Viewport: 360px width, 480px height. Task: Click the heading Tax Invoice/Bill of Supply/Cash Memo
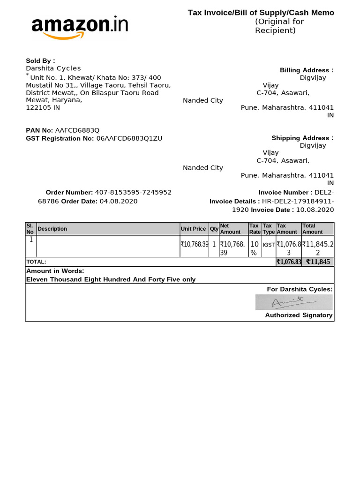click(x=261, y=13)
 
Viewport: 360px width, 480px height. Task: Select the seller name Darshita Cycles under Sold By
click(x=53, y=68)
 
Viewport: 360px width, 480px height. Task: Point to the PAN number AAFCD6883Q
click(x=77, y=130)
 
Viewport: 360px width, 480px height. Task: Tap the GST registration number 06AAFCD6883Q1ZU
click(x=129, y=138)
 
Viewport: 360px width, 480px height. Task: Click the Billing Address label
click(x=307, y=70)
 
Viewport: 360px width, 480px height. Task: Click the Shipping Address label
click(x=302, y=138)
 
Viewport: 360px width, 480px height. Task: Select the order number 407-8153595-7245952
click(x=133, y=192)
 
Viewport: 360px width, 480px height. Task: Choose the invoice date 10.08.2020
click(x=315, y=210)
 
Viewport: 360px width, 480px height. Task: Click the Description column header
click(x=52, y=229)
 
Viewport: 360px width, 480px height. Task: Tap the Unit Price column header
click(x=193, y=229)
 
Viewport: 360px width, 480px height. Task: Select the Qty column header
click(x=214, y=229)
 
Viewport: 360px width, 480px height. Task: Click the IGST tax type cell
click(x=269, y=245)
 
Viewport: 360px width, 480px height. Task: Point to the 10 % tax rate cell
click(x=254, y=248)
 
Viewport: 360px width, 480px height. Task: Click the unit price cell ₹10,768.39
click(x=194, y=244)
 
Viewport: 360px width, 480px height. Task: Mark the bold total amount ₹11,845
click(x=318, y=262)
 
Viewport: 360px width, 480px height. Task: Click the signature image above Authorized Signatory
click(x=294, y=302)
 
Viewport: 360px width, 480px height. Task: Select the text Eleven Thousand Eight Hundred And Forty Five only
click(x=111, y=279)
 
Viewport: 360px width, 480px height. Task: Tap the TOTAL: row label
click(x=37, y=262)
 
